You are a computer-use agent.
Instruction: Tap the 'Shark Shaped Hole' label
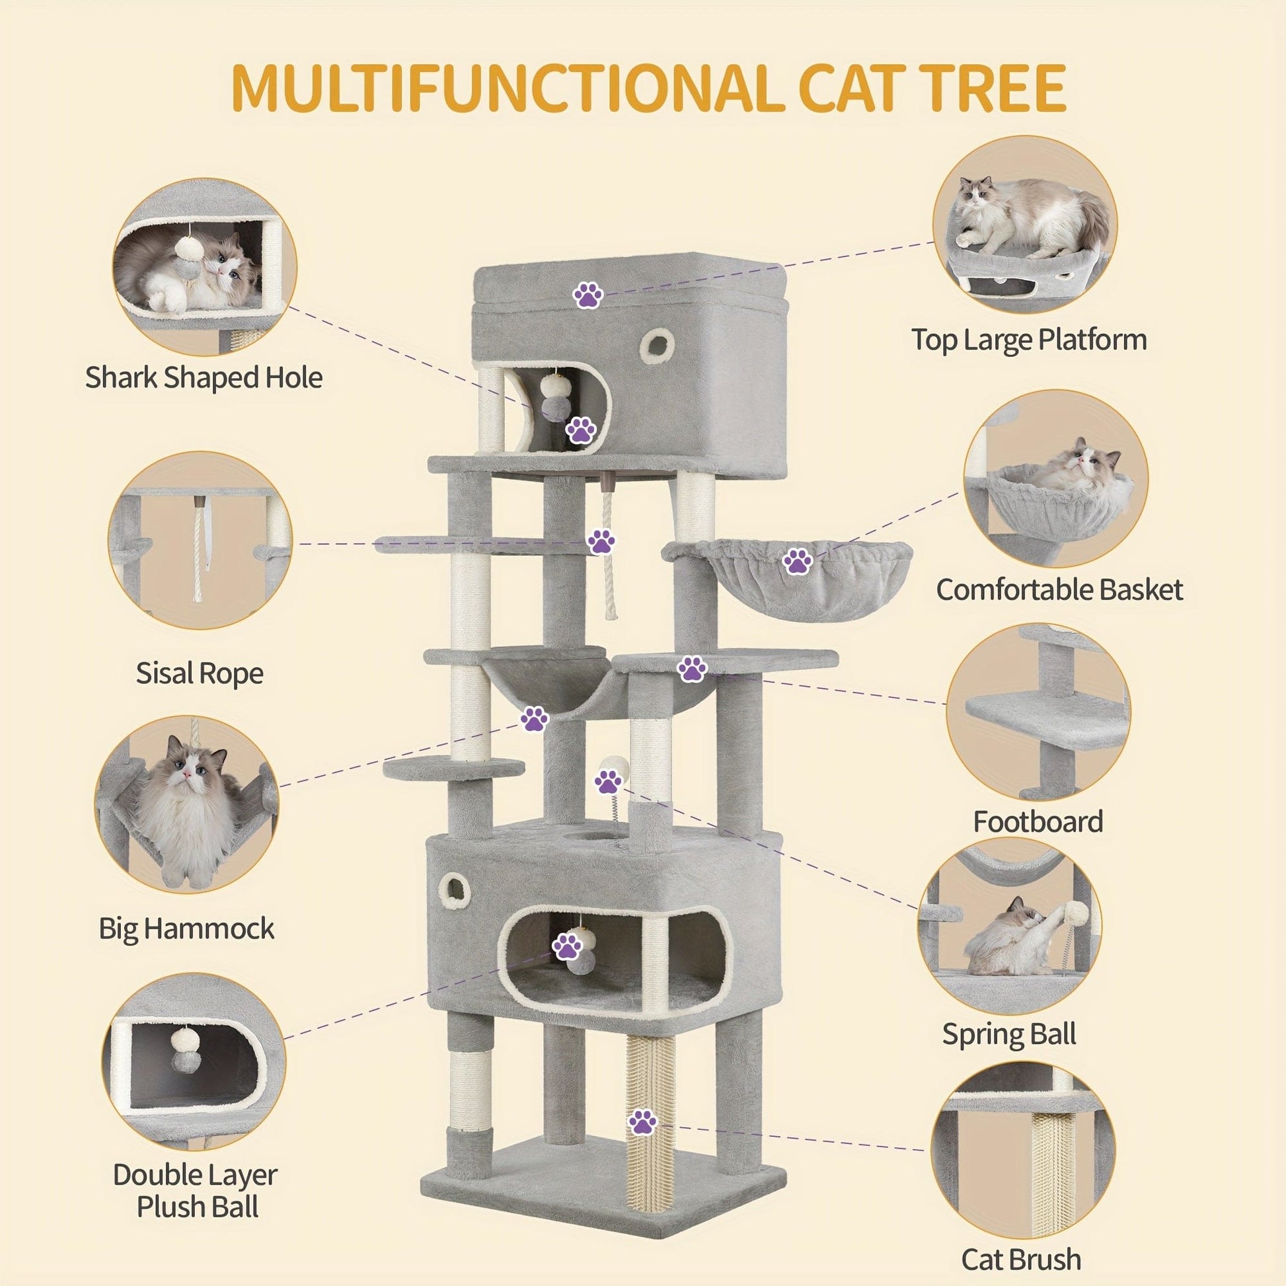[x=204, y=377]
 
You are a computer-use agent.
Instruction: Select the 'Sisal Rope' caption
[x=200, y=673]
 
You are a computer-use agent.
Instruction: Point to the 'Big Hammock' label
[x=186, y=928]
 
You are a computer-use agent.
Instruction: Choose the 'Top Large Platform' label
[x=1029, y=340]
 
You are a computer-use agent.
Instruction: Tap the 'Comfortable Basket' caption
[x=1059, y=589]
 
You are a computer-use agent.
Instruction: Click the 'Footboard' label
[x=1038, y=821]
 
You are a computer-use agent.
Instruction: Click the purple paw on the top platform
[x=588, y=294]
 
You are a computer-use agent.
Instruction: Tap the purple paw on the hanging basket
[x=798, y=561]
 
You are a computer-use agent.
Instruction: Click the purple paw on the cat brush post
[x=642, y=1122]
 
